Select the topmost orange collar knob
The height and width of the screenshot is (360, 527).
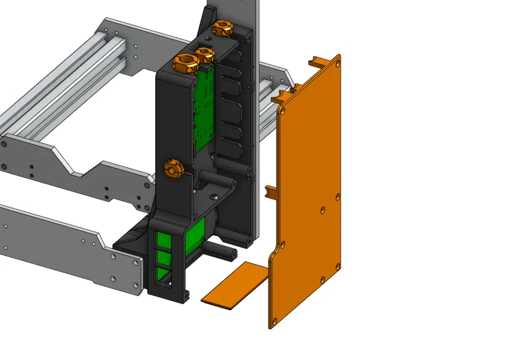(222, 27)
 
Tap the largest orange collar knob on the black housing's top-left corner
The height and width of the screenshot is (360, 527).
(185, 62)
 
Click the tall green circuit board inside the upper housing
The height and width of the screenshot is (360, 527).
(204, 109)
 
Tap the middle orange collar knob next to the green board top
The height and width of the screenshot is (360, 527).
(205, 55)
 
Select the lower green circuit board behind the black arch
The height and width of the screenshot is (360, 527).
(196, 233)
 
